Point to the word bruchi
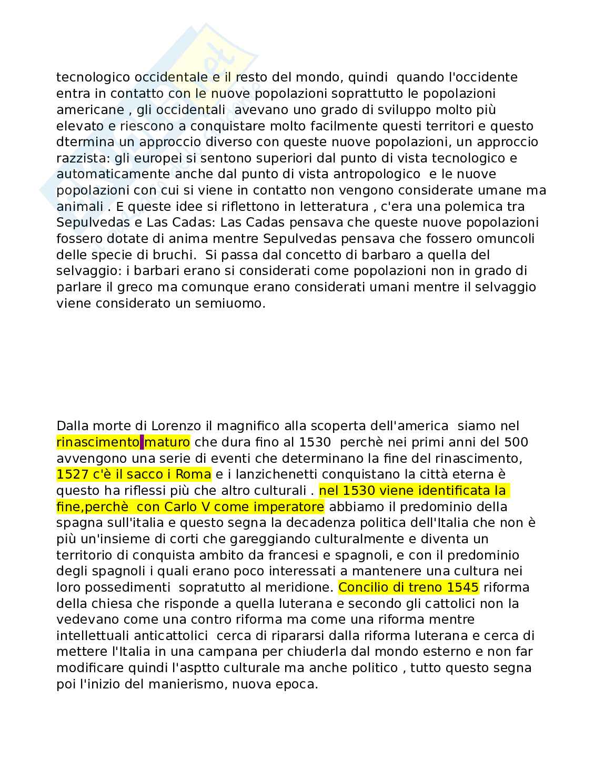[x=176, y=255]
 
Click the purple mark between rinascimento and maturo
[x=142, y=442]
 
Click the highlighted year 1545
[x=463, y=587]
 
